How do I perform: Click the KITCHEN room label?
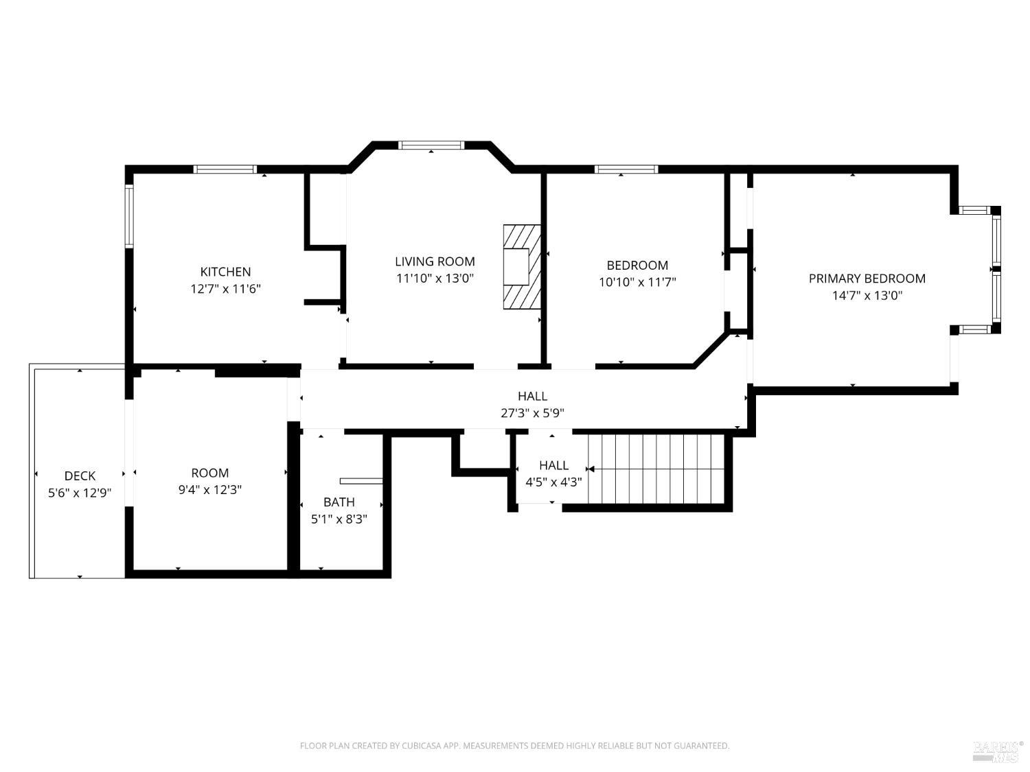click(225, 272)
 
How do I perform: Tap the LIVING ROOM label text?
click(435, 261)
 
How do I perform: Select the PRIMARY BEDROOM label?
click(867, 279)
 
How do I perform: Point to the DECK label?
click(80, 476)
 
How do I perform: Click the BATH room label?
click(339, 502)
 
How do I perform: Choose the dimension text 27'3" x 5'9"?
click(532, 413)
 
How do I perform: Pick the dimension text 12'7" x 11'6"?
click(225, 289)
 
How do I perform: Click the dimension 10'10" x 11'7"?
click(637, 282)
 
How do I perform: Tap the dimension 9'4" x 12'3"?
click(209, 490)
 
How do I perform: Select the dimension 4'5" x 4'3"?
click(553, 482)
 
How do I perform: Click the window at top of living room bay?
click(432, 145)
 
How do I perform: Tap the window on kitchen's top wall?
click(225, 169)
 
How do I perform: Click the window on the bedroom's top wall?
click(626, 169)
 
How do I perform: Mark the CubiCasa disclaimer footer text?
click(514, 745)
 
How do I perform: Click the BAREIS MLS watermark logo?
click(998, 751)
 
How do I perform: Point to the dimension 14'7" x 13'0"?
click(867, 296)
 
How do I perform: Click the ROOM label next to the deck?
click(209, 473)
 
